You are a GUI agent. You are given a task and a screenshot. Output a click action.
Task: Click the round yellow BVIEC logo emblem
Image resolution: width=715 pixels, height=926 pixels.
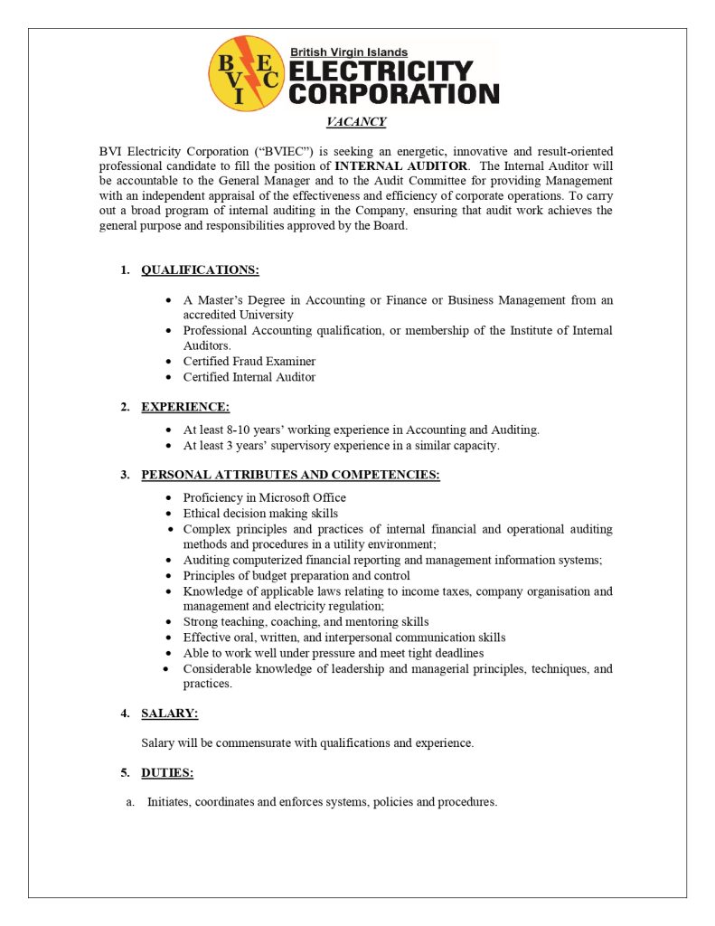pyautogui.click(x=246, y=72)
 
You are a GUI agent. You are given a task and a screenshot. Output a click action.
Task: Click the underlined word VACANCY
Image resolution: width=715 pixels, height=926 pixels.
pyautogui.click(x=356, y=122)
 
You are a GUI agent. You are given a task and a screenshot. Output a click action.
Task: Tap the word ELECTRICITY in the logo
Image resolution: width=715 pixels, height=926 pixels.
pyautogui.click(x=381, y=71)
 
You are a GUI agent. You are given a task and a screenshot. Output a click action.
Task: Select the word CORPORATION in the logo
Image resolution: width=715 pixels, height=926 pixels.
pyautogui.click(x=393, y=93)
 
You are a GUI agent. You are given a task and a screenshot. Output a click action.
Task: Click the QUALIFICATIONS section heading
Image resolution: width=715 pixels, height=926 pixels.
pyautogui.click(x=200, y=269)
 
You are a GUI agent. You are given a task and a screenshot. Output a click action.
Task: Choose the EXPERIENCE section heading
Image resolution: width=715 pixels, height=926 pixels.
pyautogui.click(x=185, y=407)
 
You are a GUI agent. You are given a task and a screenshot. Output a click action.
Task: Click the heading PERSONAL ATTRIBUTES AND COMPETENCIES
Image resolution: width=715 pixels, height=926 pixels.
pyautogui.click(x=290, y=475)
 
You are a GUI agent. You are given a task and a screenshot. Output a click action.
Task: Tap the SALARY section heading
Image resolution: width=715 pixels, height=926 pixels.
pyautogui.click(x=169, y=713)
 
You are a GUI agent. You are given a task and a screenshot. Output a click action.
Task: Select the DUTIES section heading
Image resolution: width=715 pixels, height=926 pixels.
pyautogui.click(x=167, y=772)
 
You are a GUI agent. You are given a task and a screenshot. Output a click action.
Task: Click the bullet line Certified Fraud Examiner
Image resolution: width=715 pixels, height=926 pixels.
pyautogui.click(x=249, y=362)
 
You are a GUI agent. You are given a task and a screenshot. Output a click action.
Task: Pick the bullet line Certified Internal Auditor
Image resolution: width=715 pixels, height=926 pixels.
pyautogui.click(x=249, y=377)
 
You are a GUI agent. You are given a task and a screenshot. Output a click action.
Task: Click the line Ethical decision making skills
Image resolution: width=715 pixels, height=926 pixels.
pyautogui.click(x=260, y=514)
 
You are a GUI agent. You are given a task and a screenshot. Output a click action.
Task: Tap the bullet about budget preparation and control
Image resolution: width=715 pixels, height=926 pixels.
pyautogui.click(x=296, y=576)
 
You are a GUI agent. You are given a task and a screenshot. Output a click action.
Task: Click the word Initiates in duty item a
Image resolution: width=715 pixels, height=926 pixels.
pyautogui.click(x=169, y=802)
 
